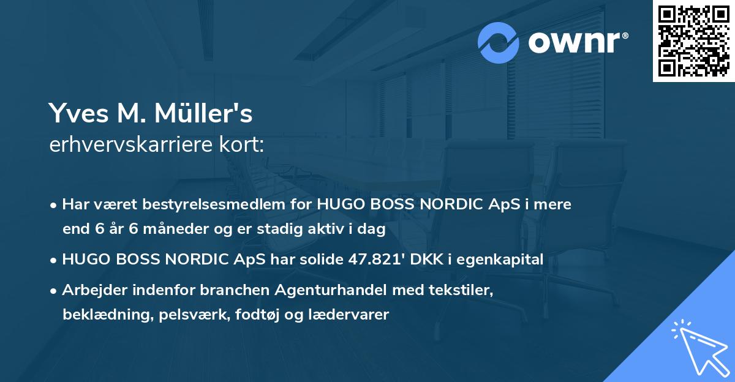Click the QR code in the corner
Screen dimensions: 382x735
click(694, 40)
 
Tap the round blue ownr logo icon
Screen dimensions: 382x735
click(499, 42)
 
